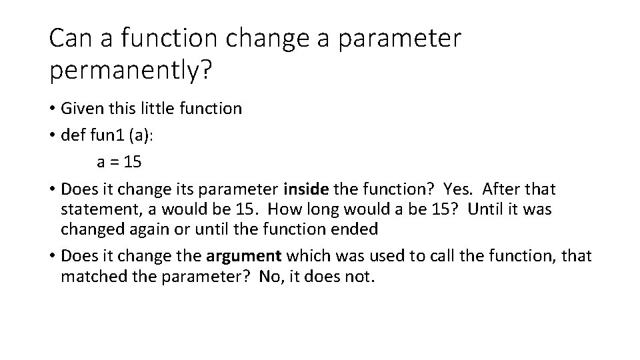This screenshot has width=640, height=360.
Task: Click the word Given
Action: pos(83,108)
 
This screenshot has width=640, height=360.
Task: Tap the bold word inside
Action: pos(305,190)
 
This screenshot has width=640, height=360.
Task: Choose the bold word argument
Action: pos(245,256)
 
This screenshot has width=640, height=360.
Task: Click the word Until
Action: pos(486,209)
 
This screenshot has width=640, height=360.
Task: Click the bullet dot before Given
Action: pos(53,109)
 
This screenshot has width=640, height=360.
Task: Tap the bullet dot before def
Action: pos(53,135)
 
